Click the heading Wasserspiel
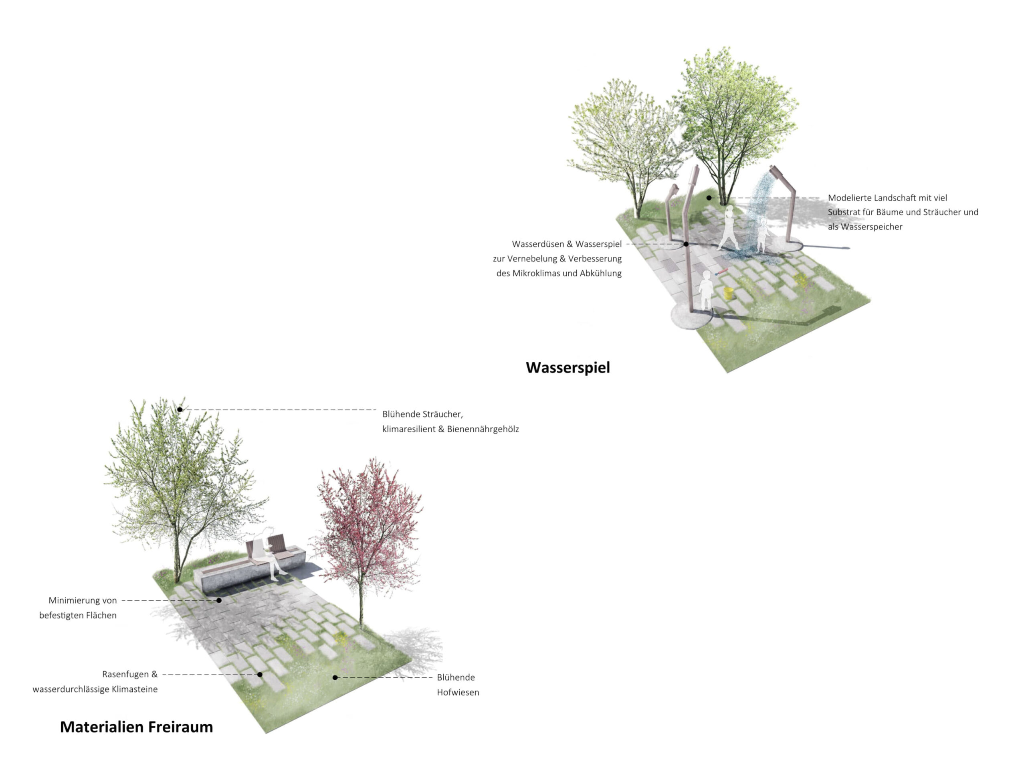[567, 367]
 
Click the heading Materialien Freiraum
[136, 727]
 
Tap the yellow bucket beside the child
[729, 293]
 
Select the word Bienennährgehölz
[483, 429]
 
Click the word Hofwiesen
[457, 692]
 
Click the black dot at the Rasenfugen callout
[260, 675]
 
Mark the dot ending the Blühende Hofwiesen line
[335, 677]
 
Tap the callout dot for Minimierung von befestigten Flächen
[219, 600]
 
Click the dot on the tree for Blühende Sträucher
[180, 409]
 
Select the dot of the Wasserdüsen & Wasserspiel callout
[686, 244]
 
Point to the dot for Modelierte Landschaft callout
[709, 198]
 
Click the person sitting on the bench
[270, 554]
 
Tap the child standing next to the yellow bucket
[705, 290]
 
